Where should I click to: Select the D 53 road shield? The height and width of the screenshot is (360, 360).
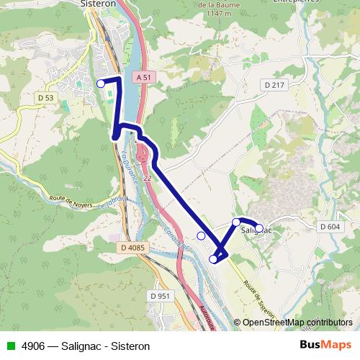45,97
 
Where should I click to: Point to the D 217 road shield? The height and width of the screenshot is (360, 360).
274,85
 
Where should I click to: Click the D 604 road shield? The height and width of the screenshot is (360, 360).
329,226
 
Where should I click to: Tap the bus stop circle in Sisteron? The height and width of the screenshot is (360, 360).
101,84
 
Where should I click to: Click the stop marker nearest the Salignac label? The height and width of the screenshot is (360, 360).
259,228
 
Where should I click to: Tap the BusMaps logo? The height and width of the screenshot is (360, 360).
325,346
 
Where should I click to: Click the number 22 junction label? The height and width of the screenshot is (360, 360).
148,177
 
